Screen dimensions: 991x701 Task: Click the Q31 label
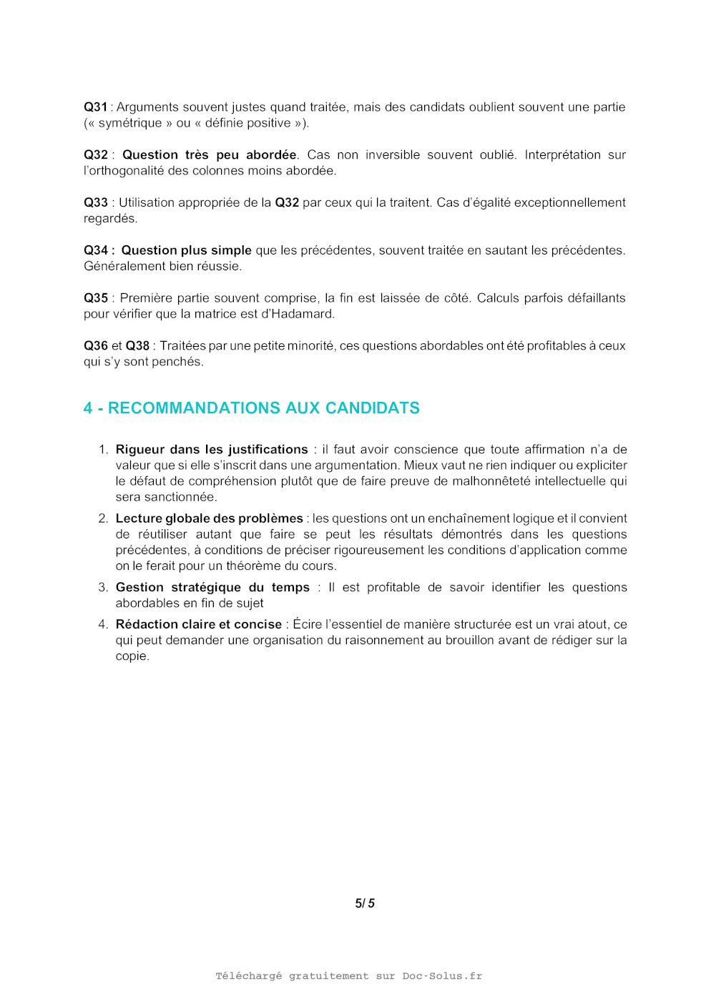[95, 107]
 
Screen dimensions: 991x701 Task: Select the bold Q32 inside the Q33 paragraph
[287, 203]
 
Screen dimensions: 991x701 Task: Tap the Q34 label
[96, 250]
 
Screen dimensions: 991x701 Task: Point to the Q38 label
[137, 346]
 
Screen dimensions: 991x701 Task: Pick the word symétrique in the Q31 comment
[130, 123]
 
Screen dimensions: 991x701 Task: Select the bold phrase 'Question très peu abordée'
[209, 155]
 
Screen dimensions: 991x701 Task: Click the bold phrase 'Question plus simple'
[186, 250]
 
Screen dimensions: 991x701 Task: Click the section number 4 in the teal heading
[88, 408]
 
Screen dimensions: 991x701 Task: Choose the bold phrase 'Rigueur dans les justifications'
[212, 450]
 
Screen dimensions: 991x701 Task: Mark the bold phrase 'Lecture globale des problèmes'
[209, 518]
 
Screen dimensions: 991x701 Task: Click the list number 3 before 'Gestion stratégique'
[102, 588]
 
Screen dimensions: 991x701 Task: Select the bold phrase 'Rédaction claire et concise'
[199, 625]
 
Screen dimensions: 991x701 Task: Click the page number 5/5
[365, 904]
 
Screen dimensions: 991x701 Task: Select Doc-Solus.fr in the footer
[442, 976]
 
